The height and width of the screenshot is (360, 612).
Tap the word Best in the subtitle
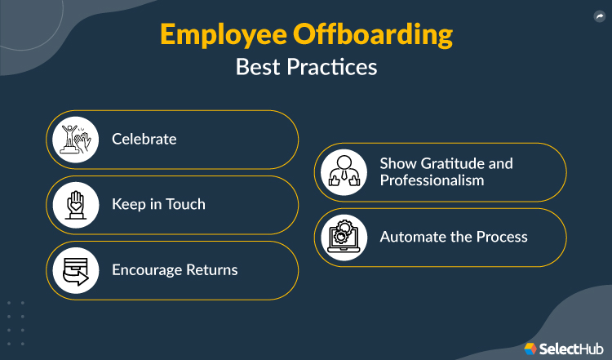(254, 67)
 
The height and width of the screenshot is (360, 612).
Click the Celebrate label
(144, 139)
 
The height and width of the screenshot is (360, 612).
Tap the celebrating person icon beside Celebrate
(75, 140)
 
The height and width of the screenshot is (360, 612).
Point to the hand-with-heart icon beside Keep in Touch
(75, 205)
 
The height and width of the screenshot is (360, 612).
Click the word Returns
(212, 269)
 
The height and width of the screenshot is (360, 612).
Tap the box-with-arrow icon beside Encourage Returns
(75, 270)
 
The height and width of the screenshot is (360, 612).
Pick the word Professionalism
(432, 180)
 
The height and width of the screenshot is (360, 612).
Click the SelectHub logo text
(571, 348)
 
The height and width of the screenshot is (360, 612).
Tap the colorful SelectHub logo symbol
(531, 348)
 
